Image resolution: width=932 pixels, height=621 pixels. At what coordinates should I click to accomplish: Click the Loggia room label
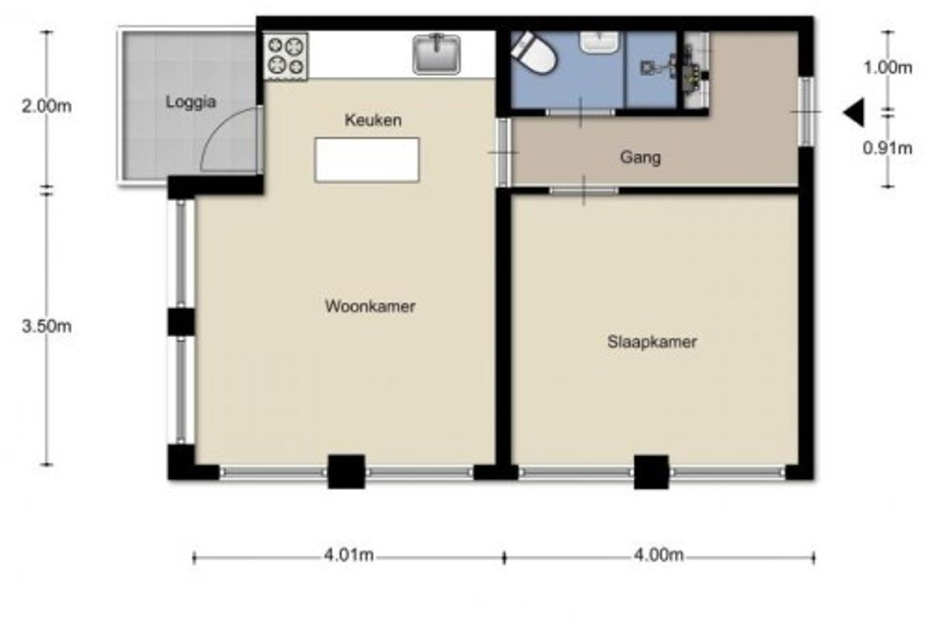191,102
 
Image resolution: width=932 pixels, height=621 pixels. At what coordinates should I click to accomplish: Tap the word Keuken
374,120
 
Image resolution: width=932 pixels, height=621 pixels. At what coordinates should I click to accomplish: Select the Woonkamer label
370,307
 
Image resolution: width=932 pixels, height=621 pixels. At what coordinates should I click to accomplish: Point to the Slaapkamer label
652,342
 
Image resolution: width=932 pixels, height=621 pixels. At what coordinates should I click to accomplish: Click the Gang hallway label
640,158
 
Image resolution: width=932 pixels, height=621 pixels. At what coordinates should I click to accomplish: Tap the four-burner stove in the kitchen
286,57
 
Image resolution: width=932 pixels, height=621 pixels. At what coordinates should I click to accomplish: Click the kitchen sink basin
436,55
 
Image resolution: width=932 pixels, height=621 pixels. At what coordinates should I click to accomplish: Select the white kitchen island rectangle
367,160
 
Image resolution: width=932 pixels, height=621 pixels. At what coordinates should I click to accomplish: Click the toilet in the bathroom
534,53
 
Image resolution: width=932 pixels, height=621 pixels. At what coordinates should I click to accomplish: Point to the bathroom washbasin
599,42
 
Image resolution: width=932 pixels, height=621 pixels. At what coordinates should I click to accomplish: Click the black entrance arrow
854,113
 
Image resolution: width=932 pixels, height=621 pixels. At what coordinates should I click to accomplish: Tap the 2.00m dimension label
47,106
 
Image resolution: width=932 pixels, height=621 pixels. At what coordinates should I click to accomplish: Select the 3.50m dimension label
47,327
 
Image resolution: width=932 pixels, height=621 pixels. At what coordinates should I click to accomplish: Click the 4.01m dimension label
349,555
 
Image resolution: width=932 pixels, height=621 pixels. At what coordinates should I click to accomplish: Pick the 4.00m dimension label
659,555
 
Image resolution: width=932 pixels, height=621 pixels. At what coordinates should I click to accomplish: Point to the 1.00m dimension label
888,68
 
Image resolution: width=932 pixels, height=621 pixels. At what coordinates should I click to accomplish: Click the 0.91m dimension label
888,148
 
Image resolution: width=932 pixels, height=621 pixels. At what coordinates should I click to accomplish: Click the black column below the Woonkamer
346,472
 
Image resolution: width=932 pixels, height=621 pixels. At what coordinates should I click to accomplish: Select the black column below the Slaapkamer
651,472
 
